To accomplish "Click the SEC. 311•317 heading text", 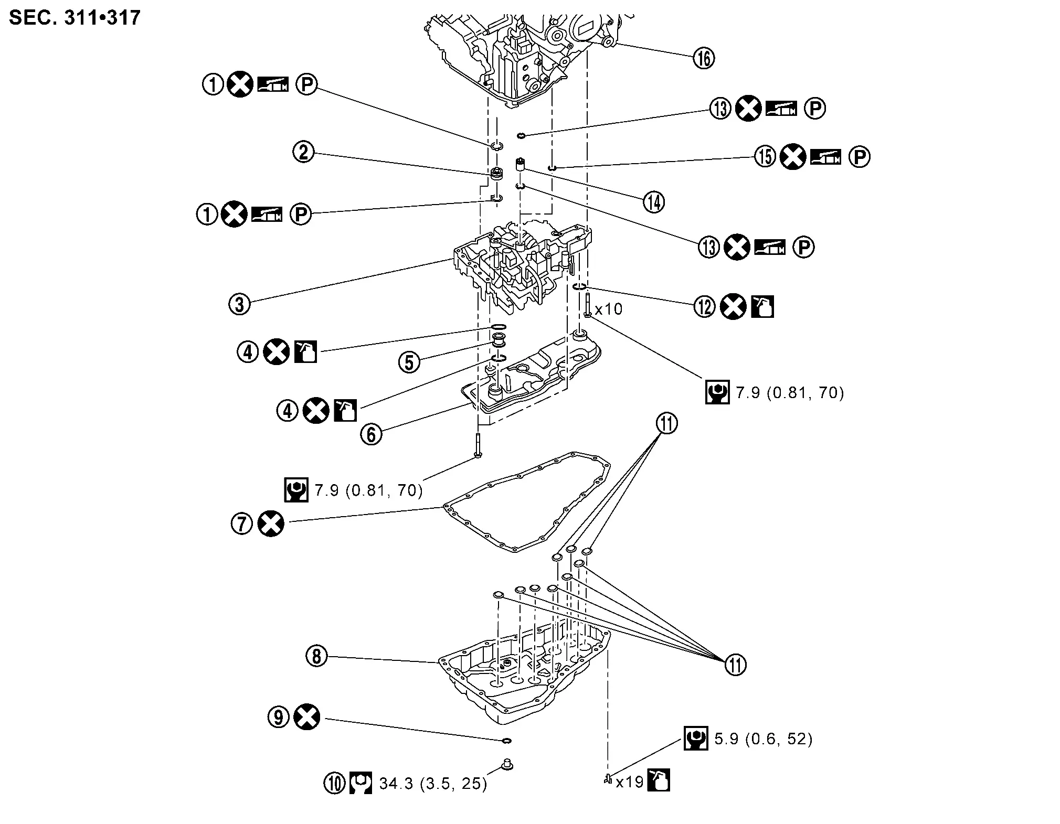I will tap(75, 18).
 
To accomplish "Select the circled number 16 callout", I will tap(704, 58).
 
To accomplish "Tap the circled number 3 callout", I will tap(240, 303).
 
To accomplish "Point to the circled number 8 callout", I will tap(316, 656).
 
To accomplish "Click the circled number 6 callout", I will tap(372, 434).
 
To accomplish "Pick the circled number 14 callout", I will tap(654, 202).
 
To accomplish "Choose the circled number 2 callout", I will tap(303, 152).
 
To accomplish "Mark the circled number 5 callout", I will tap(409, 362).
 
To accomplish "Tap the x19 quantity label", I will tap(629, 782).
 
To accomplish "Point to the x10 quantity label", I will tap(609, 308).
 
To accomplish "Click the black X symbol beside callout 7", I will tap(271, 523).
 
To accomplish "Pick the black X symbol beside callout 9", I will tap(307, 717).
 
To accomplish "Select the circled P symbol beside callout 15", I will tap(860, 156).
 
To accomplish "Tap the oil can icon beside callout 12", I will tap(763, 307).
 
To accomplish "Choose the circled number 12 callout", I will tap(705, 307).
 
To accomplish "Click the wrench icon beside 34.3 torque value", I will tap(361, 784).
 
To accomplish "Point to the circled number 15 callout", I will tap(765, 156).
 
